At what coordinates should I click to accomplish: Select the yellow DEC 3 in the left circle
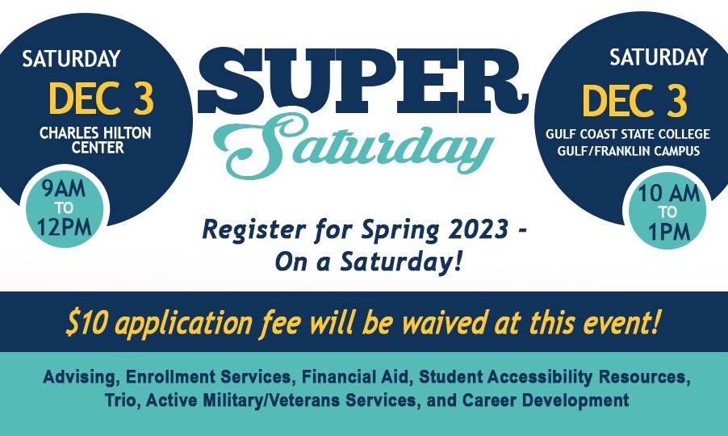click(101, 99)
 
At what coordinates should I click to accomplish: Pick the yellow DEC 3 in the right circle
click(634, 101)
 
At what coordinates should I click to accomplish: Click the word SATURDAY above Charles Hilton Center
click(71, 59)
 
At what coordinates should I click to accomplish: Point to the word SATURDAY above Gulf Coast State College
click(659, 57)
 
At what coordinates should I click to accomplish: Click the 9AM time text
click(64, 190)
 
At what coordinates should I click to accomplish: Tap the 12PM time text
click(64, 227)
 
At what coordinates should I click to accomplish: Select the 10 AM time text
click(668, 193)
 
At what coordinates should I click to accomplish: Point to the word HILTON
click(126, 133)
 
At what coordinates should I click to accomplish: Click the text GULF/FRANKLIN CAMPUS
click(628, 151)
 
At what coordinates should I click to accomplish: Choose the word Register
click(254, 230)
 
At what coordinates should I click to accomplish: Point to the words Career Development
click(546, 400)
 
